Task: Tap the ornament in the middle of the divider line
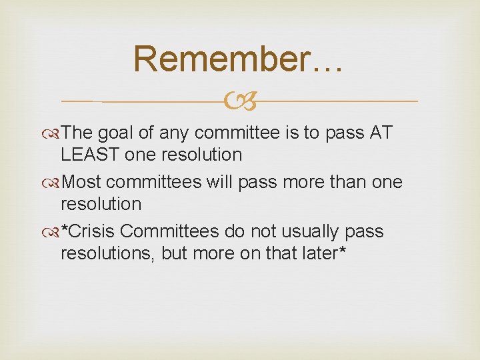coord(240,101)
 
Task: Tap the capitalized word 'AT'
coord(381,133)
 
